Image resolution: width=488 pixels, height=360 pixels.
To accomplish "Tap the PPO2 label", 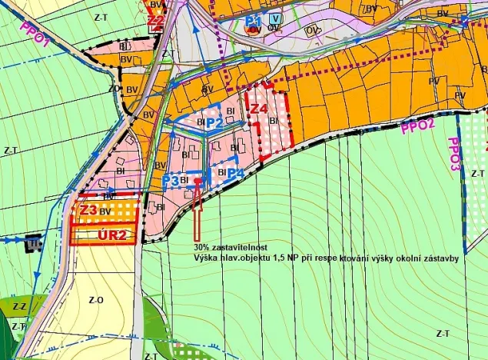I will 418,127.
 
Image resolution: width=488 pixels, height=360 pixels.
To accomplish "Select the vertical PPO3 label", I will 454,155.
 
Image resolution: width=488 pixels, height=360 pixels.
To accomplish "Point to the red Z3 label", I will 88,209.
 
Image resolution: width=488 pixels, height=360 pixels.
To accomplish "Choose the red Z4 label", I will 259,109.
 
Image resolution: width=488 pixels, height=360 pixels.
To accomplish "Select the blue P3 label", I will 171,180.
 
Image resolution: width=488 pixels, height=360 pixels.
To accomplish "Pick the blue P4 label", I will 235,174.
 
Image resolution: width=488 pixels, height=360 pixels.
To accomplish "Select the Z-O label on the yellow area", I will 96,300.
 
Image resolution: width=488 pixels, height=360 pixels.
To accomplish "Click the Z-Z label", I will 18,307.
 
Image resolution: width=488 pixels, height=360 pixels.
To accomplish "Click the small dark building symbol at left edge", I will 32,244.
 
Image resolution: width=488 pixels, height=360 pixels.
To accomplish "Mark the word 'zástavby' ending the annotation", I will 440,258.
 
